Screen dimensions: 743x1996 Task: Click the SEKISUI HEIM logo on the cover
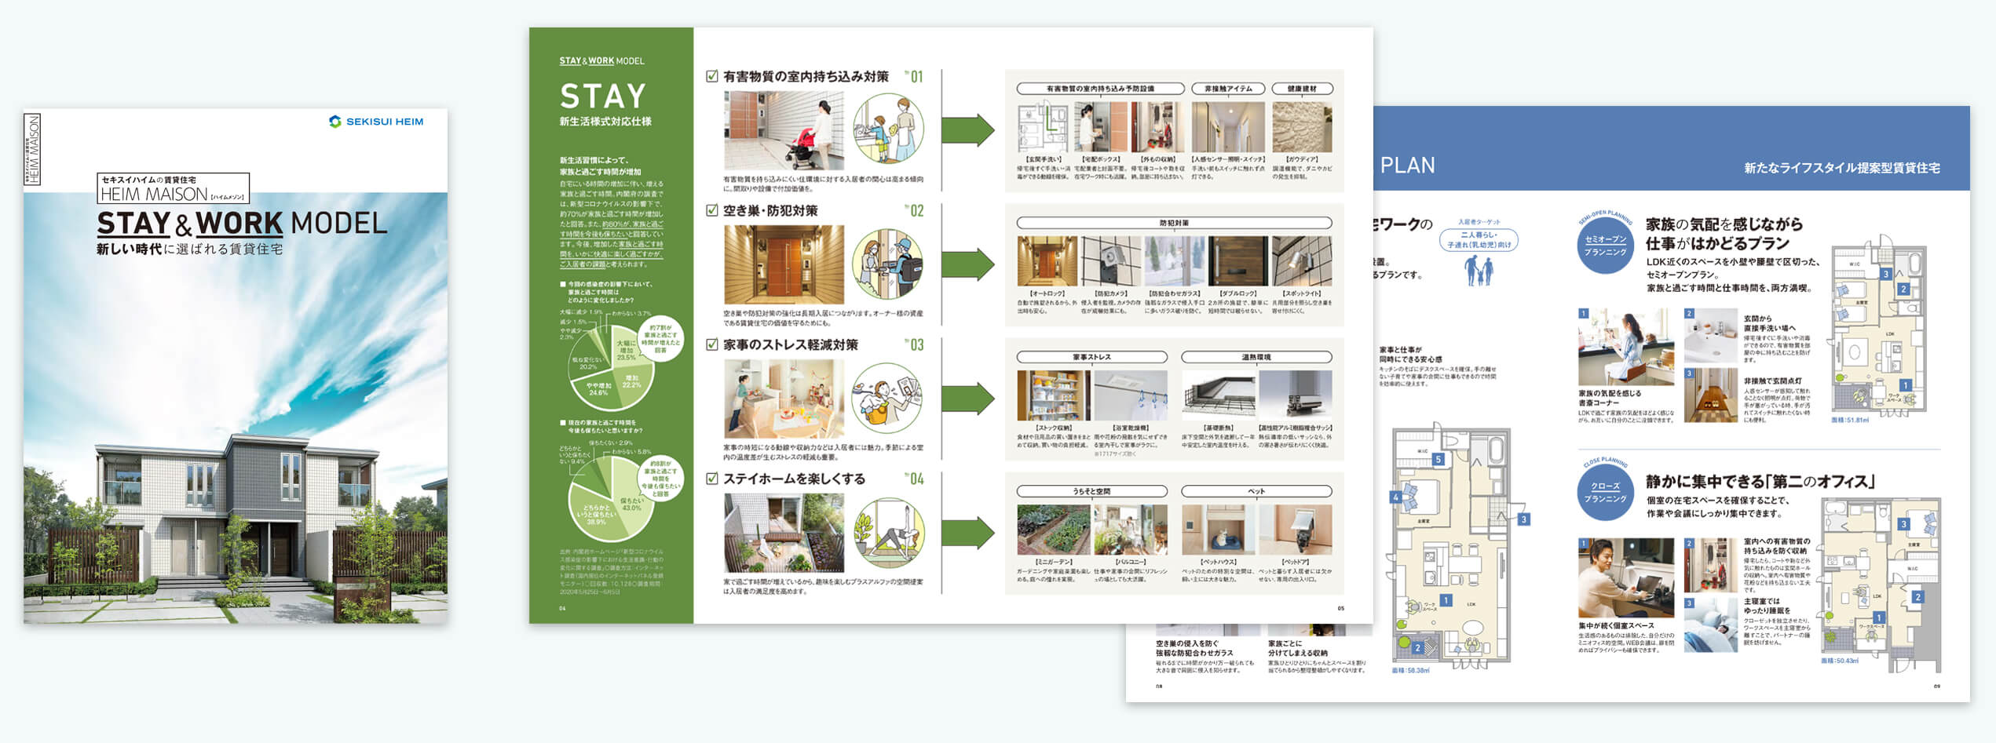tap(376, 122)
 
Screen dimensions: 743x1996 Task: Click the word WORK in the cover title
tap(239, 224)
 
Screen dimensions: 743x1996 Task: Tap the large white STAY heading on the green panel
tap(602, 97)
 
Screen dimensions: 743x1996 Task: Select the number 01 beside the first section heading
tap(915, 77)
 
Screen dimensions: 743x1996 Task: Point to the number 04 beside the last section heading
tap(915, 479)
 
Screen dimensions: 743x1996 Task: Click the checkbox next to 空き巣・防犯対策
tap(712, 210)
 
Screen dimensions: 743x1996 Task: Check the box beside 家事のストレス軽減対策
tap(712, 344)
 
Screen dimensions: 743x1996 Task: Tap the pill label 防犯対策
tap(1174, 223)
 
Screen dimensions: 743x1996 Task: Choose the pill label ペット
tap(1256, 491)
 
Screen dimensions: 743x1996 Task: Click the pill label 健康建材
tap(1302, 89)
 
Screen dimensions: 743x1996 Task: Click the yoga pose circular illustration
tap(888, 534)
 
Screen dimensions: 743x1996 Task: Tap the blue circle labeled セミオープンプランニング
tap(1605, 247)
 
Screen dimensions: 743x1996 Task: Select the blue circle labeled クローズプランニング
tap(1605, 493)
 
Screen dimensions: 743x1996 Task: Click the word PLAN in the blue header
tap(1407, 166)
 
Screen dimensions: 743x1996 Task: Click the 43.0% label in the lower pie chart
tap(631, 504)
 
